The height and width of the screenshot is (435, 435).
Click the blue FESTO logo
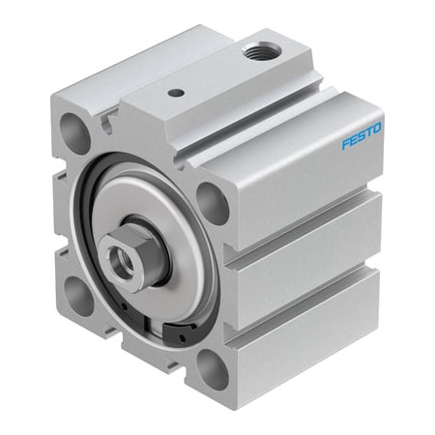click(x=362, y=135)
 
